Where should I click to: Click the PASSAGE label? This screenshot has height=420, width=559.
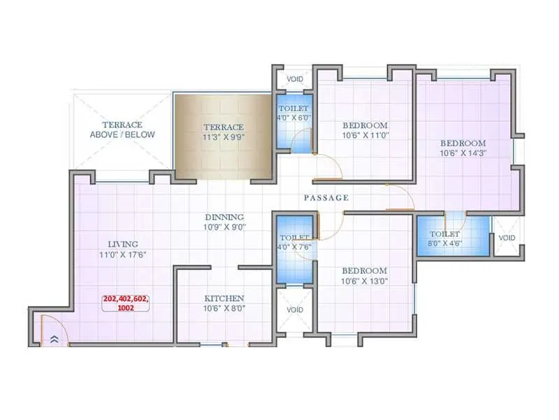coord(326,198)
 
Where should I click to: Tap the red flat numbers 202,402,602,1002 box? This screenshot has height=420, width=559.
coord(126,303)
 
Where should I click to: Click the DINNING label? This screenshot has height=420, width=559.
coord(224,217)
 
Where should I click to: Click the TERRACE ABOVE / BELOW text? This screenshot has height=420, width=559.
coord(122,129)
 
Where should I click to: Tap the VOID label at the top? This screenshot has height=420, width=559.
coord(295,79)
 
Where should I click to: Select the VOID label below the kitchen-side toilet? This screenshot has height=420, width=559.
coord(295,309)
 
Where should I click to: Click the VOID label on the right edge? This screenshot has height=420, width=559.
coord(507,238)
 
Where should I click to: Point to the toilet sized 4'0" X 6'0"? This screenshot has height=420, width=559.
coord(293,114)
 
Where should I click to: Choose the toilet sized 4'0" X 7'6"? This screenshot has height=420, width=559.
coord(293,242)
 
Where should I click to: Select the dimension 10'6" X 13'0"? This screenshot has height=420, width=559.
coord(365,281)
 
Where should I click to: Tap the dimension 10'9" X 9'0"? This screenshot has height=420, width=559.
coord(224,227)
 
